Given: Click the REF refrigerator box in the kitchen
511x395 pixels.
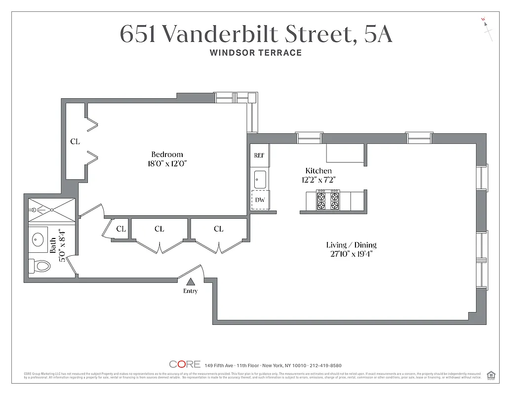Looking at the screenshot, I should click(259, 155).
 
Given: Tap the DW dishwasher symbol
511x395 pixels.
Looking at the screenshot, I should click(260, 200).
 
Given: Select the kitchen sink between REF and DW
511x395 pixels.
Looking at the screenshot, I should click(260, 179).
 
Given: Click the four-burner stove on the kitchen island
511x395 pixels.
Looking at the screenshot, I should click(328, 200).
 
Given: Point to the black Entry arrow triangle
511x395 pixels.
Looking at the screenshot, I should click(191, 281).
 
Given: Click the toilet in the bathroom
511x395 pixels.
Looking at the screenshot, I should click(40, 266).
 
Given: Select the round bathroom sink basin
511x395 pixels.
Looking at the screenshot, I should click(38, 240).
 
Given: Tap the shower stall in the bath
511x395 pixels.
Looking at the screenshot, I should click(51, 209).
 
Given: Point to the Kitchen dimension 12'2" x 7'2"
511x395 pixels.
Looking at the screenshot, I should click(318, 180).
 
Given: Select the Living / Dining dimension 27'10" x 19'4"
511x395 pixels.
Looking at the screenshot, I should click(351, 254).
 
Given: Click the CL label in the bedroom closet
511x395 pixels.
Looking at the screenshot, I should click(75, 142).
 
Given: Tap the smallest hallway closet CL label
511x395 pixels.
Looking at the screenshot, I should click(121, 229).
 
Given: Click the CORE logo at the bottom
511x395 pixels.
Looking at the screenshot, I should click(185, 364).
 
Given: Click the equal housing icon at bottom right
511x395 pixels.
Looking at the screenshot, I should click(491, 375).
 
